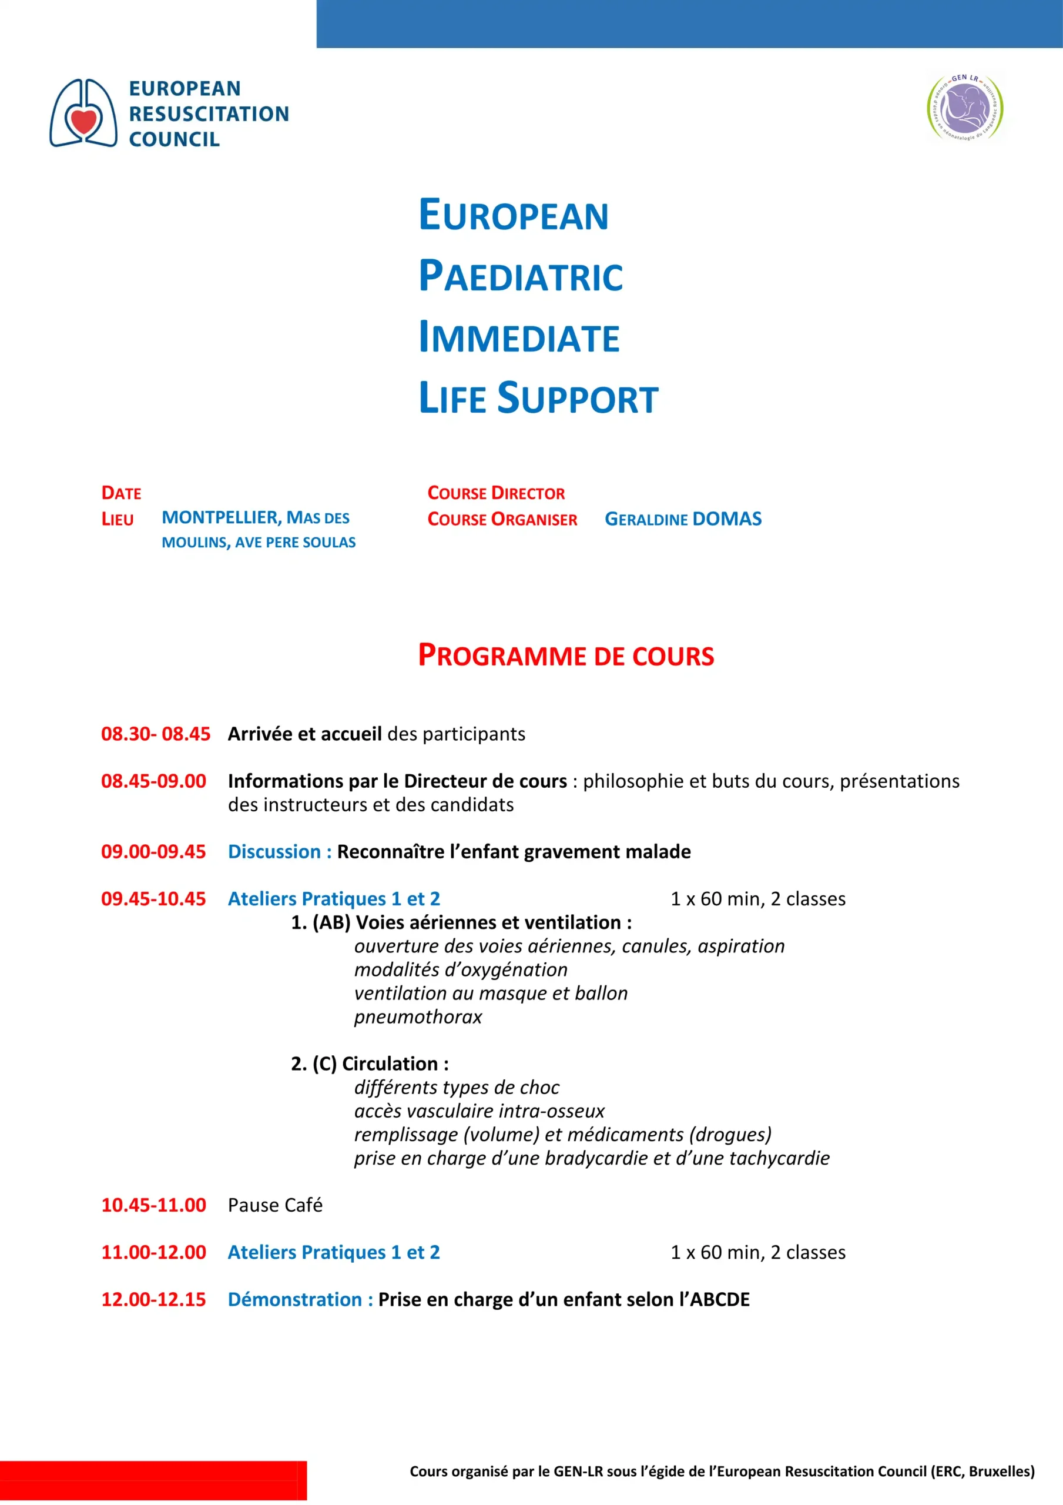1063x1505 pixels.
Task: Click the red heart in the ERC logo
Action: click(x=84, y=121)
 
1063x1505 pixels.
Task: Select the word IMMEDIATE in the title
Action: click(x=518, y=337)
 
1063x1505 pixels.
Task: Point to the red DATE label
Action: click(x=121, y=493)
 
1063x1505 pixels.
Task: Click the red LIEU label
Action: click(x=118, y=519)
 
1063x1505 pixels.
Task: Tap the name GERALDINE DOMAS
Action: click(x=682, y=519)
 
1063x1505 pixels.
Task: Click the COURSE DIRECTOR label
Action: click(x=495, y=493)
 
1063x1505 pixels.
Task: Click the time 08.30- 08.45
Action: click(x=155, y=734)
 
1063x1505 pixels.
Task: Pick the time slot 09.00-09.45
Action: click(x=153, y=851)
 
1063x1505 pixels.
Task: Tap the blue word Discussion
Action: click(x=274, y=851)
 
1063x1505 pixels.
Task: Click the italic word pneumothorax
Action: click(x=417, y=1016)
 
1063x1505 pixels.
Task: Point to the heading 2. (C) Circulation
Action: click(x=370, y=1063)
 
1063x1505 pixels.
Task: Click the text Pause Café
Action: click(x=274, y=1205)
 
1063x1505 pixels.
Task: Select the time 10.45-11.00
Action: click(x=153, y=1205)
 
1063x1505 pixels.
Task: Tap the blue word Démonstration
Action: click(x=294, y=1299)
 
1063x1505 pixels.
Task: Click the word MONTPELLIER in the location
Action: click(x=221, y=517)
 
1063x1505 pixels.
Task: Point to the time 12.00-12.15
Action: click(x=153, y=1299)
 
